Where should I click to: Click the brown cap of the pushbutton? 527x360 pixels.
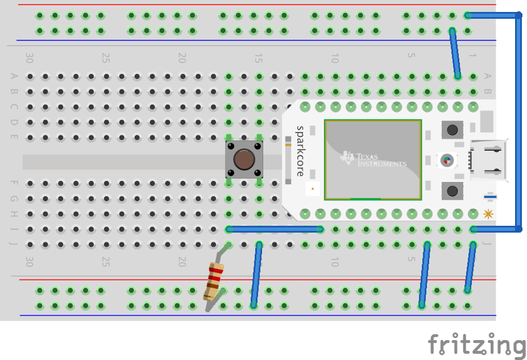[244, 160]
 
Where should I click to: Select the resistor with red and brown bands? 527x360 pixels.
[214, 281]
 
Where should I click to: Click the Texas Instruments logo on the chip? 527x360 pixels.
[373, 159]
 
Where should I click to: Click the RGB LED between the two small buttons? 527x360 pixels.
[447, 160]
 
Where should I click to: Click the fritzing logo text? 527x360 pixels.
[476, 345]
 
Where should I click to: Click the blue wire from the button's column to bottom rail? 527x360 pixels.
[256, 275]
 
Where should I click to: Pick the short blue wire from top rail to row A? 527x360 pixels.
[455, 53]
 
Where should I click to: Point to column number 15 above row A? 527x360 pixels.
[258, 58]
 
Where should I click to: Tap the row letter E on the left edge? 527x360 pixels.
[14, 137]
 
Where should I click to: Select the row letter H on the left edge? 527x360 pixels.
[14, 214]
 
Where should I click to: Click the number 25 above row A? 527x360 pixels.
[105, 58]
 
